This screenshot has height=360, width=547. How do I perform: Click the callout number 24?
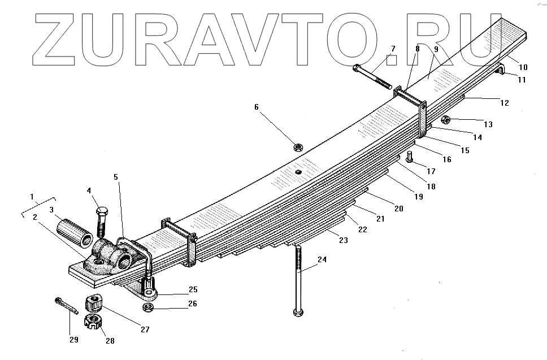322,260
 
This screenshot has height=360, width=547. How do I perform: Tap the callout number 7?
393,49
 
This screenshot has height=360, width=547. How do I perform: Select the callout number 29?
73,340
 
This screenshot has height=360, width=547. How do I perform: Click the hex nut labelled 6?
298,148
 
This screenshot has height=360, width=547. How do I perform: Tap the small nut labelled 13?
445,120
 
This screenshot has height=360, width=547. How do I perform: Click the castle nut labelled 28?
92,323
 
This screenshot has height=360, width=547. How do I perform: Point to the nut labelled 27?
93,303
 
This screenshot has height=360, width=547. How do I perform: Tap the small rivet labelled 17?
410,157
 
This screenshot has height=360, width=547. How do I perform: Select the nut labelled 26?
149,307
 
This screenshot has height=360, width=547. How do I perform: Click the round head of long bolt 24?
299,311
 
